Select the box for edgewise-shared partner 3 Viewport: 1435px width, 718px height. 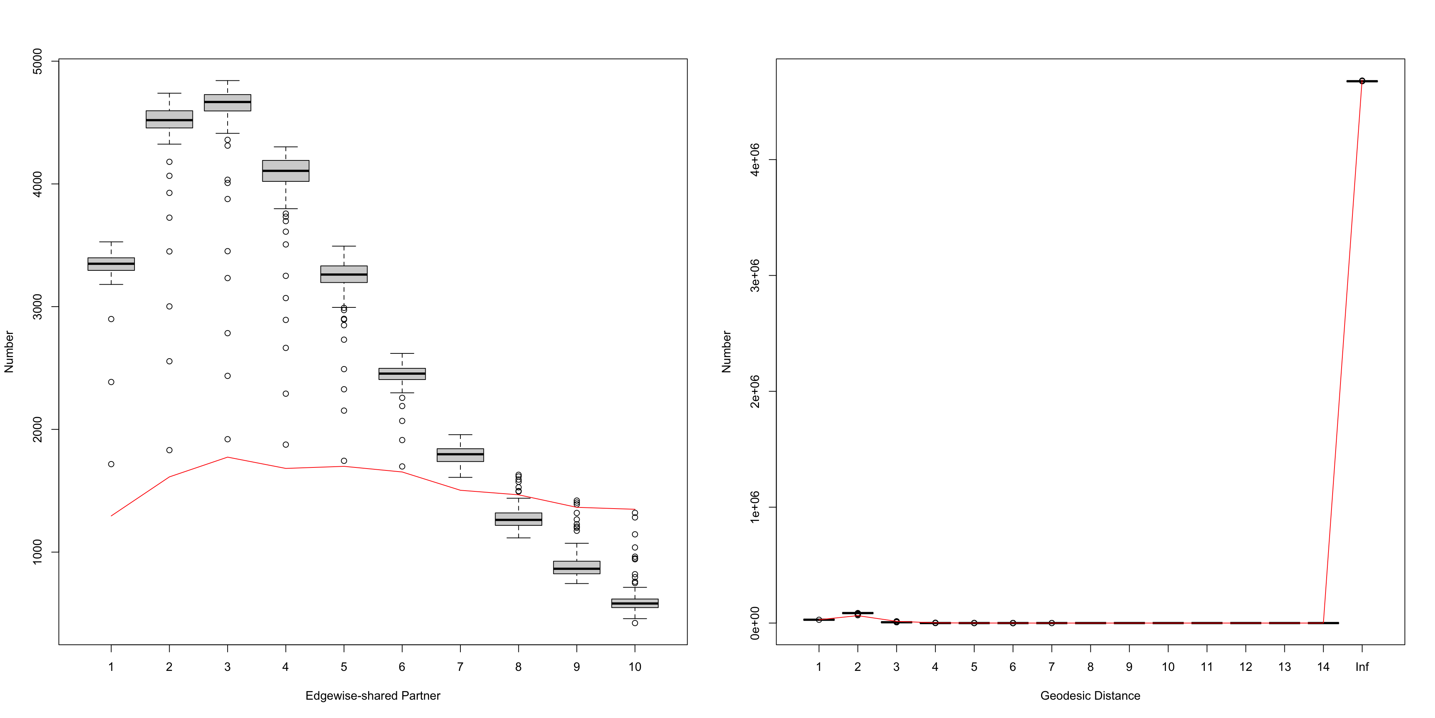pos(227,102)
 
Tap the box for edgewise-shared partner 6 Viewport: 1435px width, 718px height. pos(402,374)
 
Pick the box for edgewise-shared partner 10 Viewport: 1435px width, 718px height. pos(635,603)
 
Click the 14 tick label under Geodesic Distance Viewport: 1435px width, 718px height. pos(1323,667)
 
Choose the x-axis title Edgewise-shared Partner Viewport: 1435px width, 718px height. pos(373,696)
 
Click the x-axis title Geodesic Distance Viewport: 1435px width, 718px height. pos(1090,696)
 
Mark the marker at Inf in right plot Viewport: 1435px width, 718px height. pos(1362,81)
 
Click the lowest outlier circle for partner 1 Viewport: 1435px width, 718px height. pos(111,464)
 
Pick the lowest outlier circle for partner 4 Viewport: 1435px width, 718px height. pos(286,444)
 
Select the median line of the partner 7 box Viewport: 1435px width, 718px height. pos(460,454)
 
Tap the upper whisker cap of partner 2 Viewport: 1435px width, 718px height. pos(169,93)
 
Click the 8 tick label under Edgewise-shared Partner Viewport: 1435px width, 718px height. pos(518,667)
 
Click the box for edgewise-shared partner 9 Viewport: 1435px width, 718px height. pos(577,568)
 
